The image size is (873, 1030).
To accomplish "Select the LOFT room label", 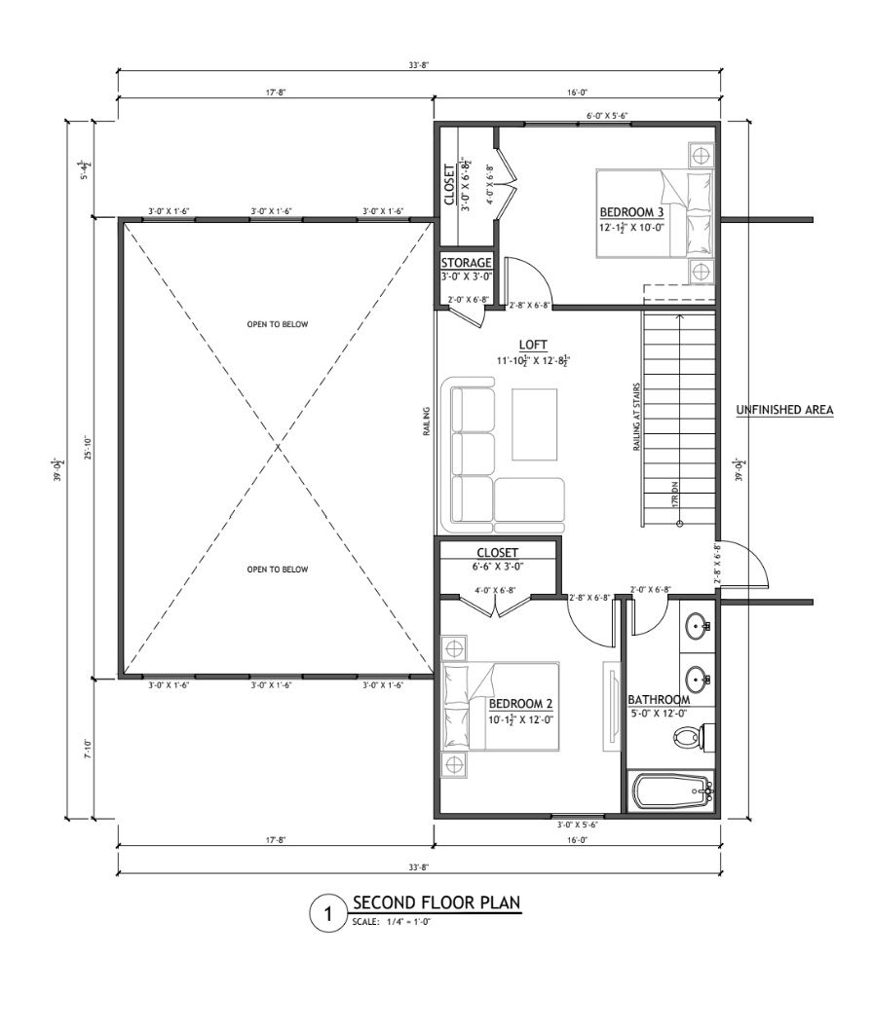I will tap(533, 345).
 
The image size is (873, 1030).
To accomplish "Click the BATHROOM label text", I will tap(658, 700).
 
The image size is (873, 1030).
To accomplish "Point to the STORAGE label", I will tap(466, 263).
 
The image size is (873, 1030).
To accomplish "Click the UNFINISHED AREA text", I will tap(783, 410).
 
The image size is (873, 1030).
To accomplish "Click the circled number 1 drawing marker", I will tap(328, 913).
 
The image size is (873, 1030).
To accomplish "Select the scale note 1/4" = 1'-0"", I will tap(392, 920).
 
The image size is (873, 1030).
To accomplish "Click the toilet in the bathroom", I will tap(693, 739).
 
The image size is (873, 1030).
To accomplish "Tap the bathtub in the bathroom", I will tap(670, 791).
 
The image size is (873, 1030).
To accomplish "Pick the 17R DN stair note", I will tap(673, 492).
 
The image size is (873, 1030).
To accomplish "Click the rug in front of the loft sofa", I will tap(533, 423).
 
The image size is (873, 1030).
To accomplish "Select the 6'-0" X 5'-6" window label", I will tap(607, 116).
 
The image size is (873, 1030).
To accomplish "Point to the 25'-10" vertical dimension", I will tap(89, 448).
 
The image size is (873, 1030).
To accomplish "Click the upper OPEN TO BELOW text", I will tap(278, 324).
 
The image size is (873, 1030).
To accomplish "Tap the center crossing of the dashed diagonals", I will tap(278, 448).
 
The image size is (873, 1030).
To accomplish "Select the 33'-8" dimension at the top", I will tap(419, 64).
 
